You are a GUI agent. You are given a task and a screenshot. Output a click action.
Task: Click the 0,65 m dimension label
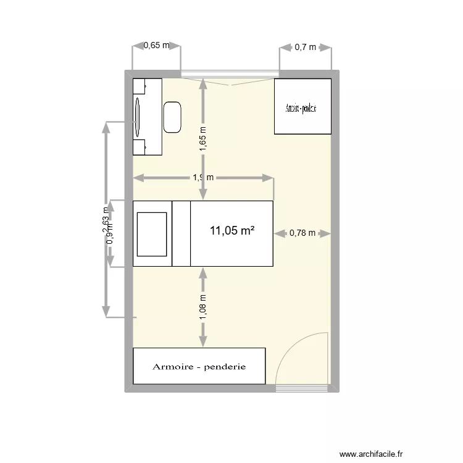coord(156,45)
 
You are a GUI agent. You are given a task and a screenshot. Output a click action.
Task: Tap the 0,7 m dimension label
coord(305,46)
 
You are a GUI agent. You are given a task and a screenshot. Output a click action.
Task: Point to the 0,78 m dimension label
coord(302,233)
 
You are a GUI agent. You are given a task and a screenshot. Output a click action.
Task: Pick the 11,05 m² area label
coord(232,231)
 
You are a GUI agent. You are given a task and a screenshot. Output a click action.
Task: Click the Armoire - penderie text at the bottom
coord(199,367)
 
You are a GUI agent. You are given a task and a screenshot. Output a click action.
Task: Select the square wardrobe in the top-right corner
coord(302,106)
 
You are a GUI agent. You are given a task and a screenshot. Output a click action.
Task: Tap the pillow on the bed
coord(152,234)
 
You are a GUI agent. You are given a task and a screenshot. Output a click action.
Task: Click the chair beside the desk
coord(172,117)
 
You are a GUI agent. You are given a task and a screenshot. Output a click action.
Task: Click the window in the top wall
coord(228,73)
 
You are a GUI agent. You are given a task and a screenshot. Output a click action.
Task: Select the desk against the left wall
coord(148,116)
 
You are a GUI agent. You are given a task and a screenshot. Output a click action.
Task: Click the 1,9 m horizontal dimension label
coord(203,178)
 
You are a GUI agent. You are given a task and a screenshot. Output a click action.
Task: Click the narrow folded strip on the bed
coord(181,234)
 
